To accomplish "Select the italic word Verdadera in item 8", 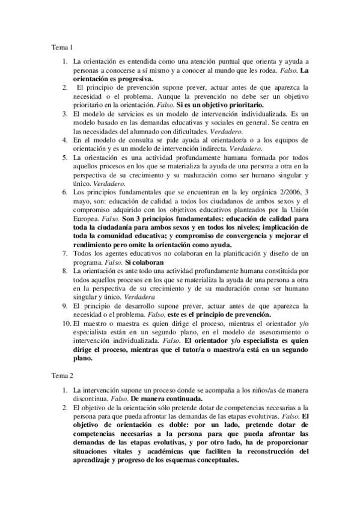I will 139,297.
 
